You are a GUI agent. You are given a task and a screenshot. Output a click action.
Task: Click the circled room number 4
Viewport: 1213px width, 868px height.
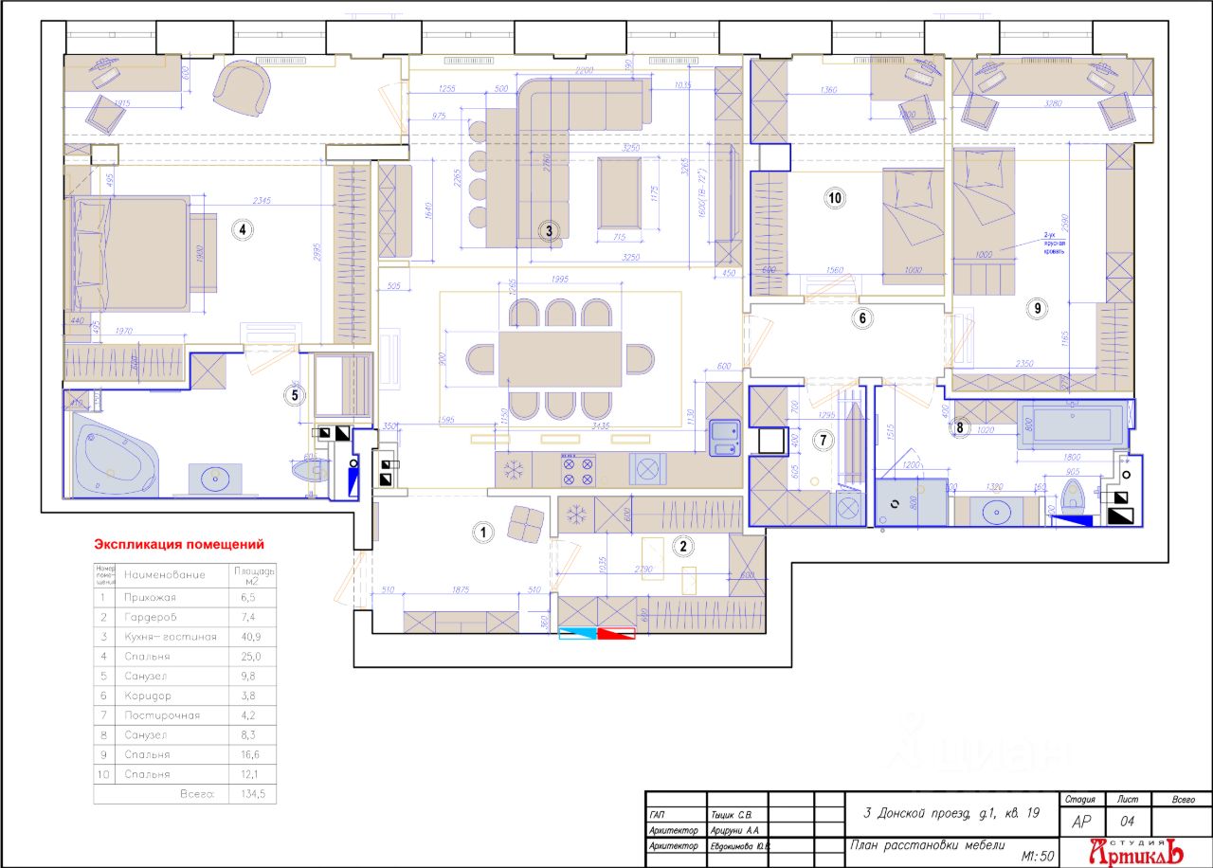tap(244, 229)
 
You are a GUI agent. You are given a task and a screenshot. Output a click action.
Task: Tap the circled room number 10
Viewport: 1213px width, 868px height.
tap(835, 198)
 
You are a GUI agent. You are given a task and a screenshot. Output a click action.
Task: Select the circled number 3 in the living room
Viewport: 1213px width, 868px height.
tap(548, 229)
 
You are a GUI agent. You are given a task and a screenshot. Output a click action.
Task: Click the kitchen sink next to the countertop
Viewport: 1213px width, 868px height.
tap(726, 438)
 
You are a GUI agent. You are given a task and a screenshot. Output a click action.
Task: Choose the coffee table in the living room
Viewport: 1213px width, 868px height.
tap(621, 192)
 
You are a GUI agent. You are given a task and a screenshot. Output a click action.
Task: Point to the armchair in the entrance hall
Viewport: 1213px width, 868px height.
tap(524, 522)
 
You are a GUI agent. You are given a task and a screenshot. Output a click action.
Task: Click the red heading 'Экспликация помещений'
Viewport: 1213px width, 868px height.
tap(178, 545)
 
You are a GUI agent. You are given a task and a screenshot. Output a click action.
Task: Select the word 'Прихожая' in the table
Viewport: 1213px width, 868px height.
tap(150, 598)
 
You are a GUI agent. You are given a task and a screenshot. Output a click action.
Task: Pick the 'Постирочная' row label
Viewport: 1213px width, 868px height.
tap(161, 715)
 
